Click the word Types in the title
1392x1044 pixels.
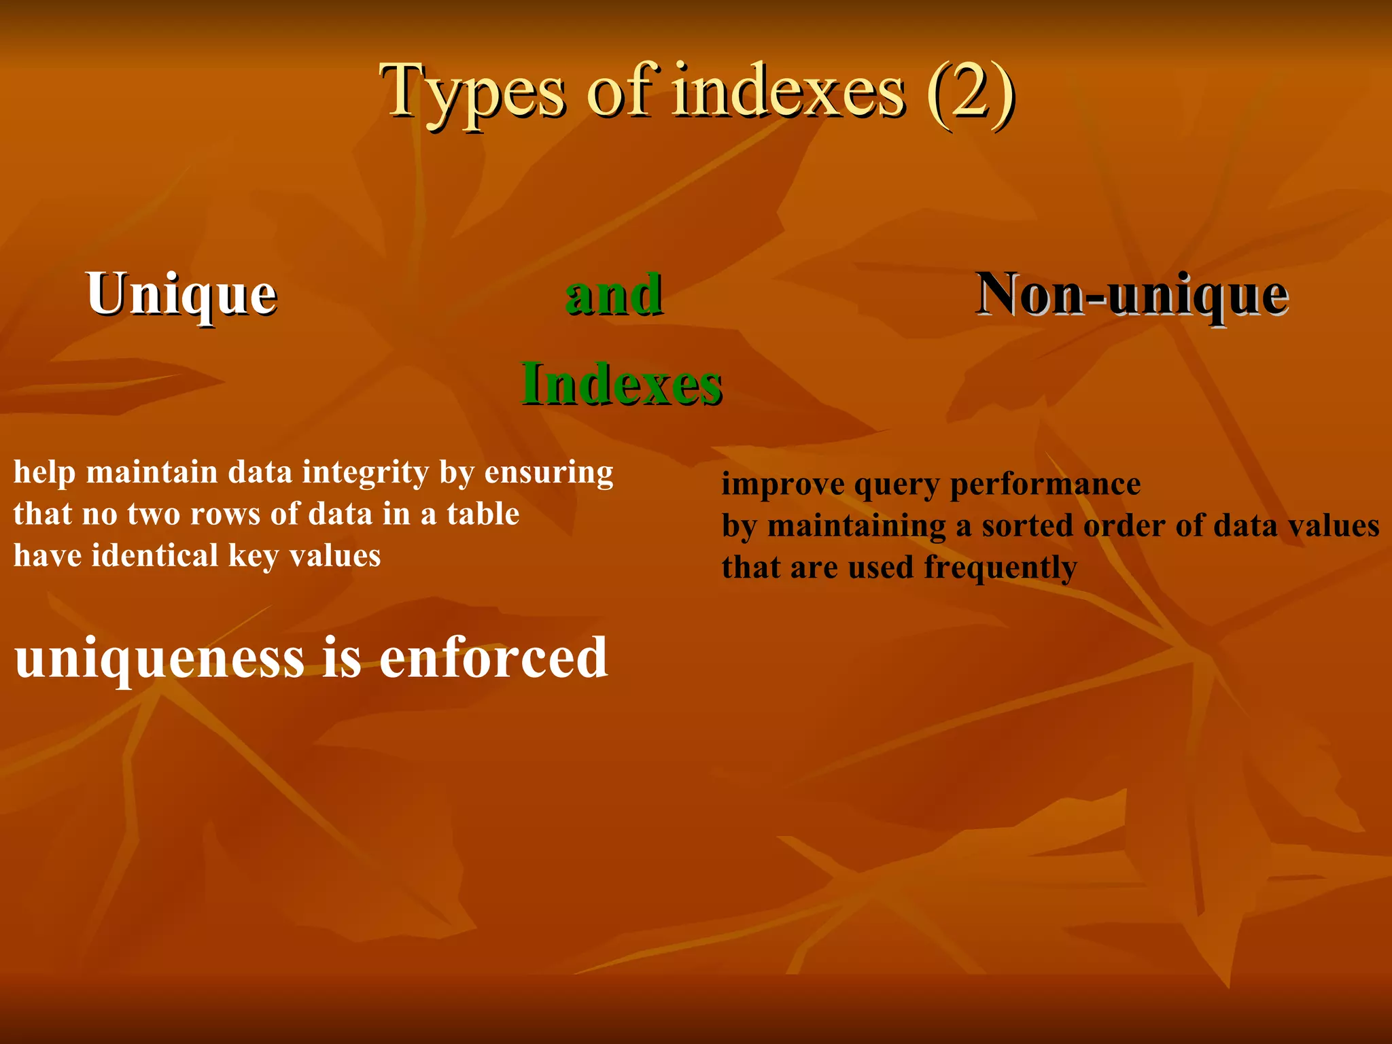point(472,92)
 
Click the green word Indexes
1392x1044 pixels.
point(621,384)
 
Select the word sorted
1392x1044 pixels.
point(1027,526)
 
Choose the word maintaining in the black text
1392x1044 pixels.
point(856,526)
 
